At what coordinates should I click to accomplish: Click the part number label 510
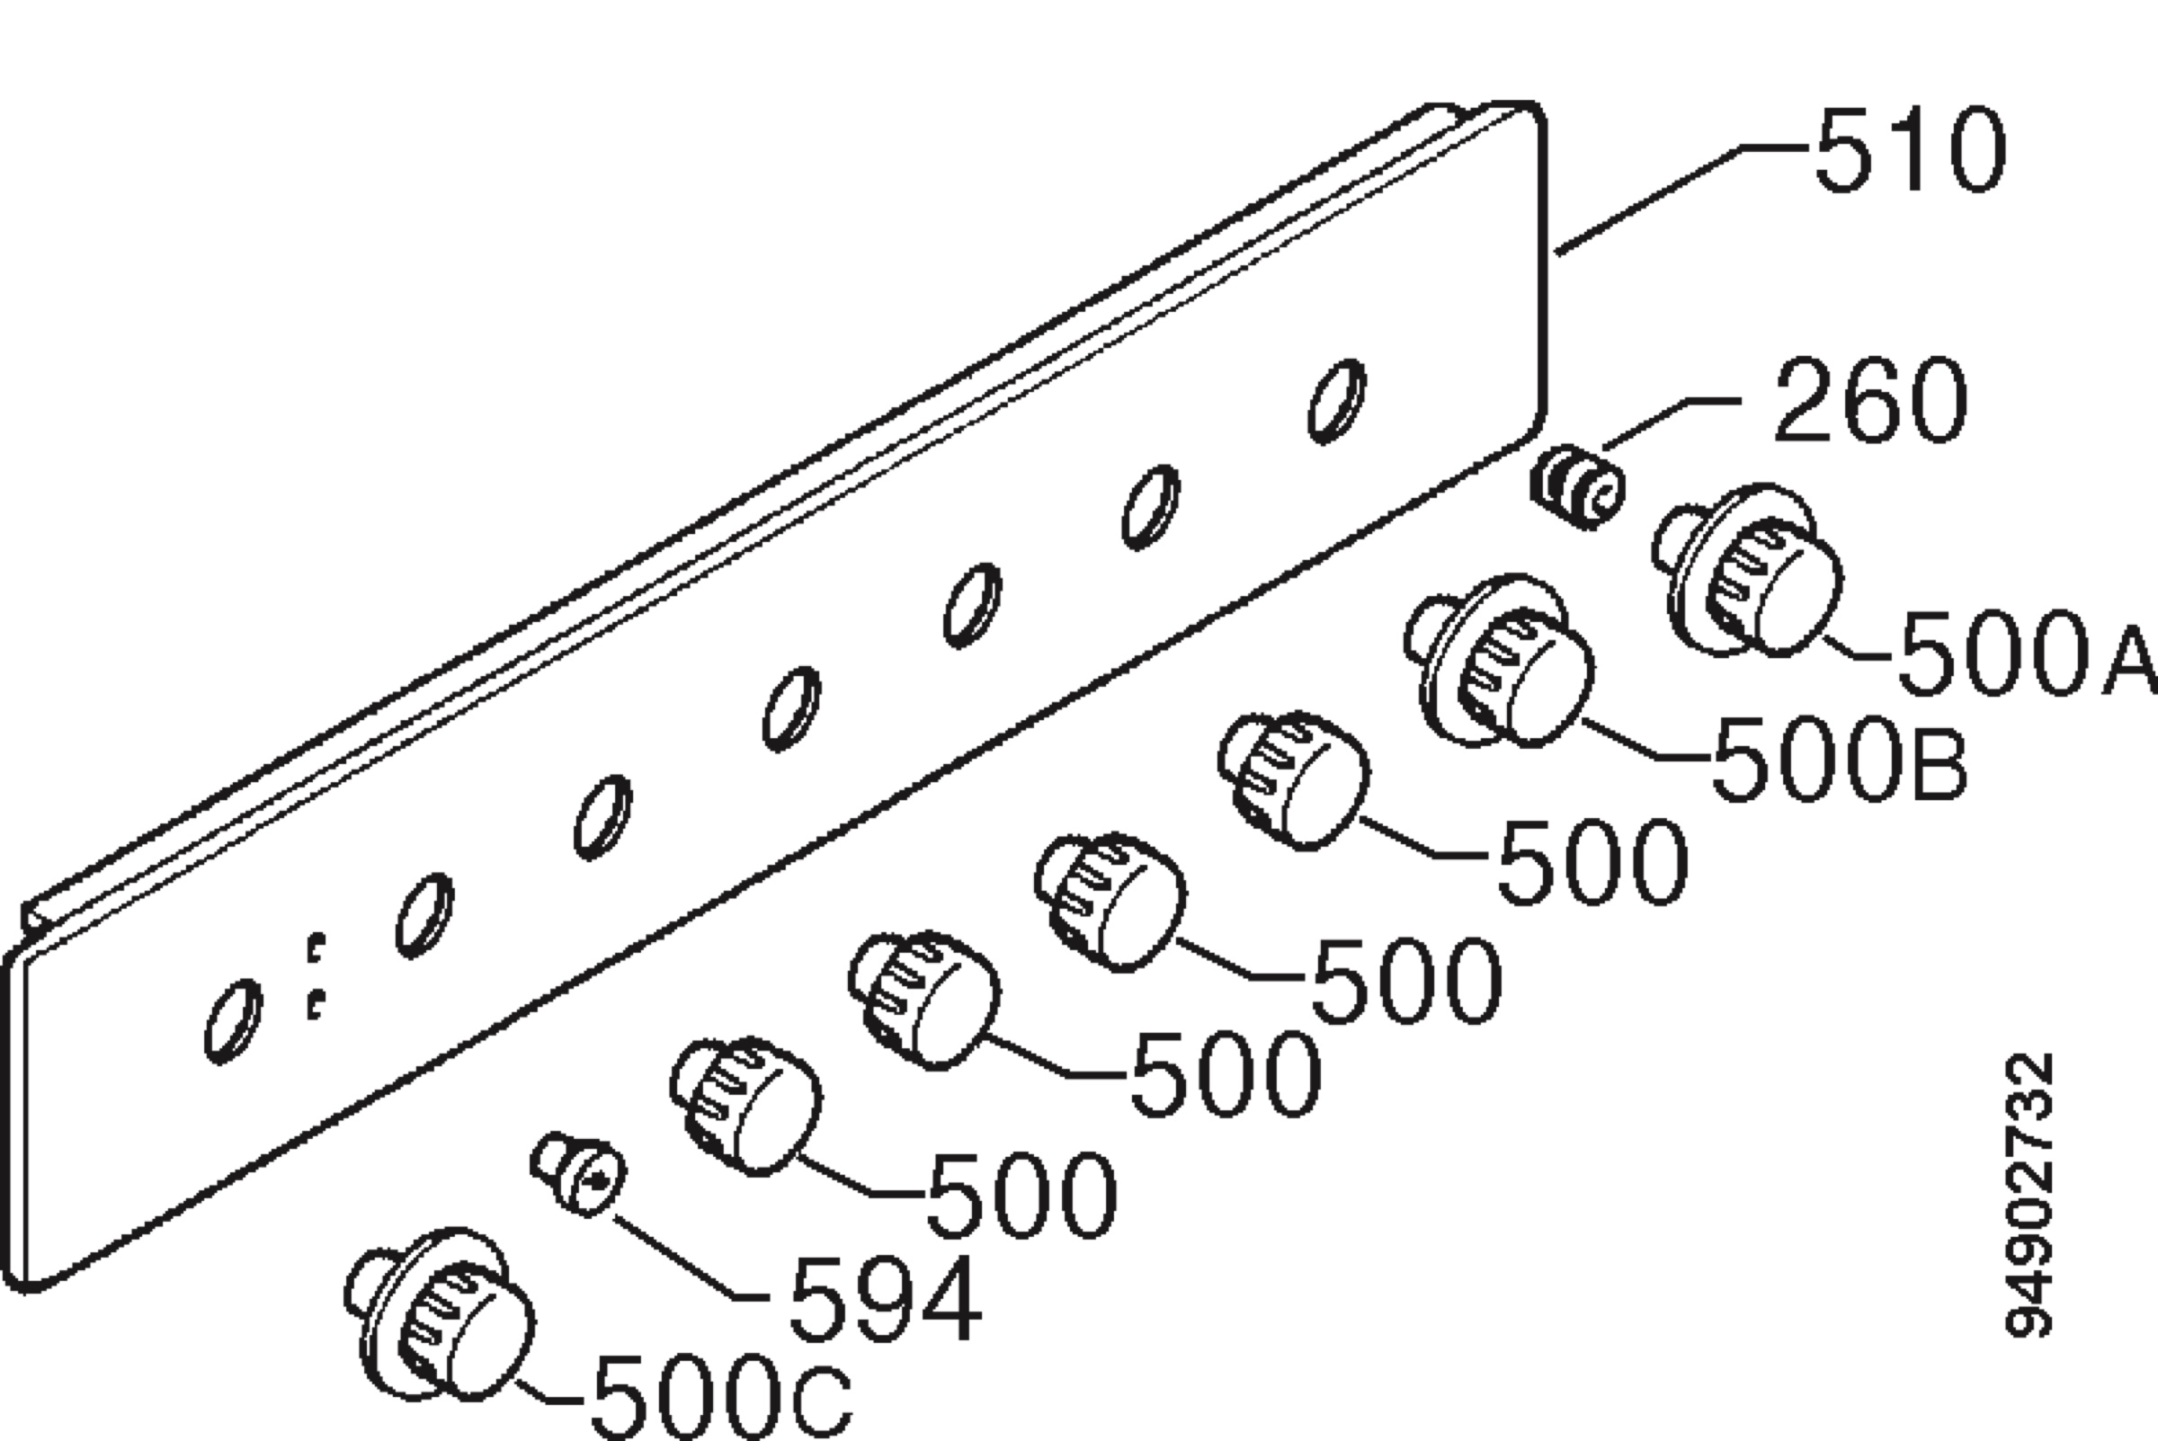pos(1910,150)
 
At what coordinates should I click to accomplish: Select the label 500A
pos(2026,653)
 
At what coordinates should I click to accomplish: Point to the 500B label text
pos(1839,758)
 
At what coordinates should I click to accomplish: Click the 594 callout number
pos(885,1299)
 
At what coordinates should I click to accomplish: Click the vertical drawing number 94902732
pos(2029,1195)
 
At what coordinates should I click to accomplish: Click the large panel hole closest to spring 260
pos(1336,401)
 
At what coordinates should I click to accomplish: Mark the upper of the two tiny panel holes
pos(316,947)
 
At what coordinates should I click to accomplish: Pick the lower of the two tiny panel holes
pos(316,1004)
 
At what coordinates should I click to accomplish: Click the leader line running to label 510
pos(1684,198)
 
